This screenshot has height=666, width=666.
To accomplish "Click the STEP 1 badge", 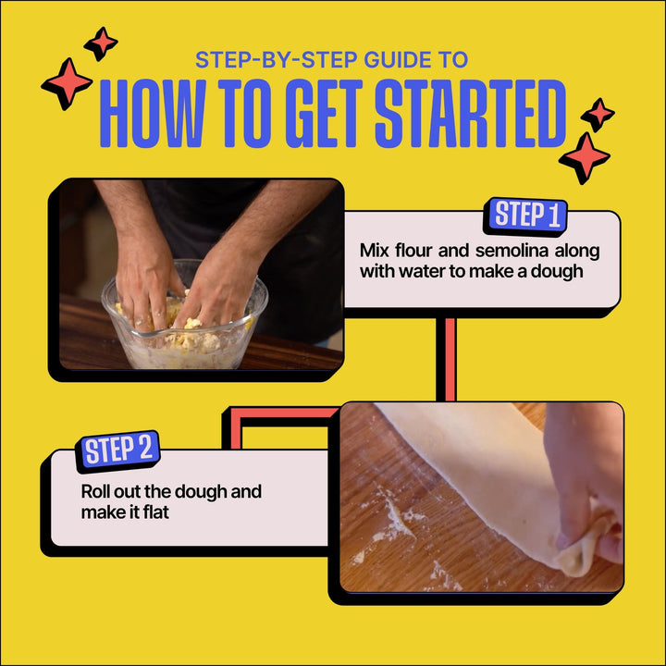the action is tap(525, 216).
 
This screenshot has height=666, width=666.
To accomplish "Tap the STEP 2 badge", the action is tap(117, 451).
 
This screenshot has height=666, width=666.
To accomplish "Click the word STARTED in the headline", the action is tap(471, 114).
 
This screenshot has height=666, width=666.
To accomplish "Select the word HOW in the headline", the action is tap(153, 114).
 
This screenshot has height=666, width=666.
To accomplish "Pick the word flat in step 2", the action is tap(156, 512).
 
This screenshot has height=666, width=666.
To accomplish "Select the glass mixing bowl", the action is tap(184, 316).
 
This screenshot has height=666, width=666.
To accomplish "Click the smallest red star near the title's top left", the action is tap(101, 43).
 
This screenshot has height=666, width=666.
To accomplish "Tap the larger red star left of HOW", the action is tap(67, 83).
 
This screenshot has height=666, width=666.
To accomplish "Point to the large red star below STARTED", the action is tap(585, 158).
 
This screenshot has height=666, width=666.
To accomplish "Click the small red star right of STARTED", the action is tap(598, 115).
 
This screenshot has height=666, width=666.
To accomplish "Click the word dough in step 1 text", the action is tap(557, 272).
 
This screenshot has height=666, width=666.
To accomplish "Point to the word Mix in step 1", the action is tap(375, 251).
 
